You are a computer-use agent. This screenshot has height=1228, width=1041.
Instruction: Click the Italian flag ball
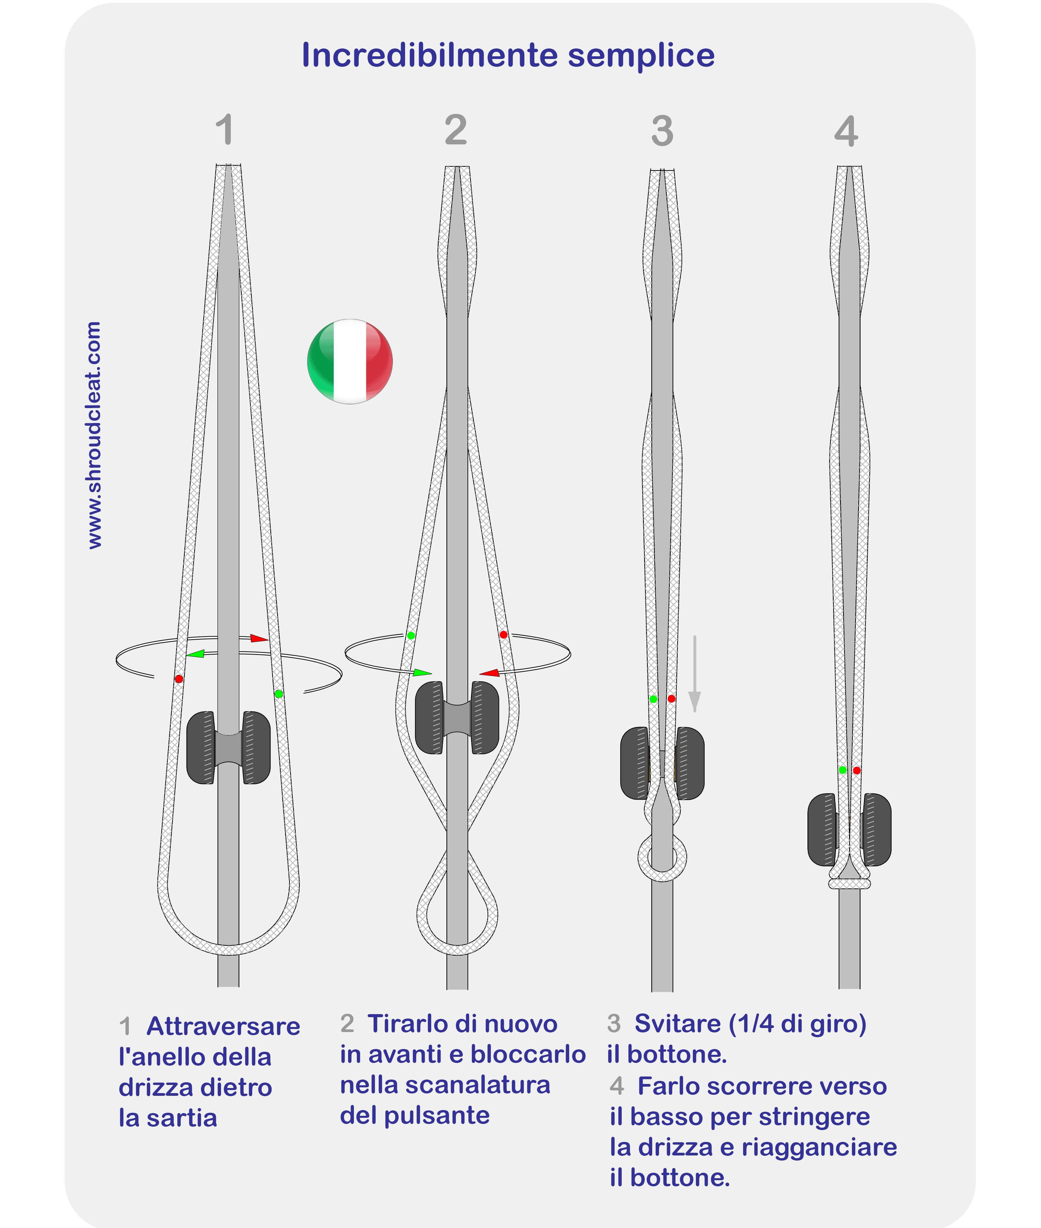(350, 361)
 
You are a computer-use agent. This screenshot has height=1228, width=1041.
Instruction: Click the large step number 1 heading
(224, 130)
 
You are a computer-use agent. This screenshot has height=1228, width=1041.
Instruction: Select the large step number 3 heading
(662, 131)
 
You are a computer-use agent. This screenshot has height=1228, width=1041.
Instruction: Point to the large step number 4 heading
(846, 131)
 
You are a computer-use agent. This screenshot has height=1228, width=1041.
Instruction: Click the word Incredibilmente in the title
(429, 56)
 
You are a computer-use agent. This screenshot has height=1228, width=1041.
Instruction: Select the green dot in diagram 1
(279, 694)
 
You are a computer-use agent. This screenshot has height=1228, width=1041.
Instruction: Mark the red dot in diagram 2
(503, 635)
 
